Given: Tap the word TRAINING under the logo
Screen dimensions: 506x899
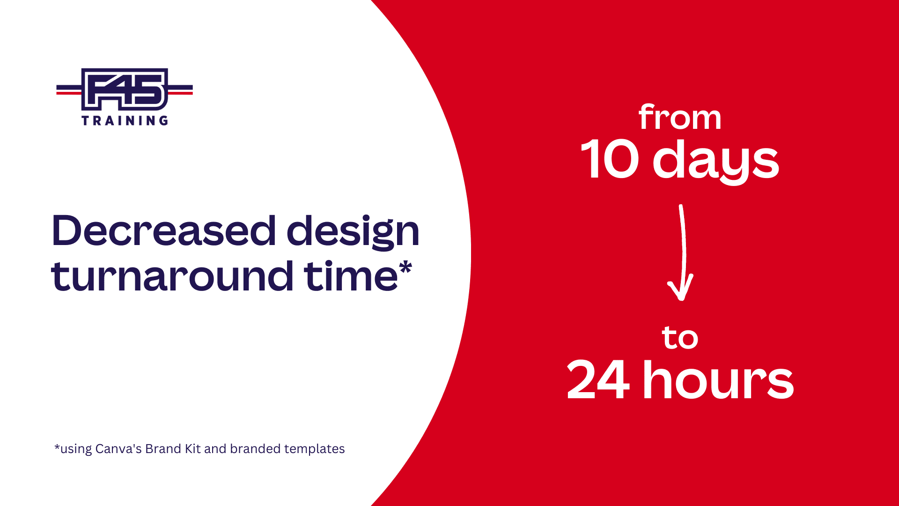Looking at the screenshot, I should pyautogui.click(x=125, y=121).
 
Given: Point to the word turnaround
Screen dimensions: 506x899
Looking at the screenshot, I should pyautogui.click(x=172, y=276).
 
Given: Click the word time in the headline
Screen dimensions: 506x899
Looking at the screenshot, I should pyautogui.click(x=351, y=276).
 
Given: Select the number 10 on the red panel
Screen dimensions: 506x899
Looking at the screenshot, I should pyautogui.click(x=610, y=160).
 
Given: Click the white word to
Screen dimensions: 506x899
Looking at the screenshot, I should pyautogui.click(x=680, y=338).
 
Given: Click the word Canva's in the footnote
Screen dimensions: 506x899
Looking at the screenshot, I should pyautogui.click(x=118, y=449).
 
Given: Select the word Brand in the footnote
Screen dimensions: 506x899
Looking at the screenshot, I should pyautogui.click(x=163, y=449).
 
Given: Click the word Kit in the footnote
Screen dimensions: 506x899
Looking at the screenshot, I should pyautogui.click(x=193, y=449).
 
